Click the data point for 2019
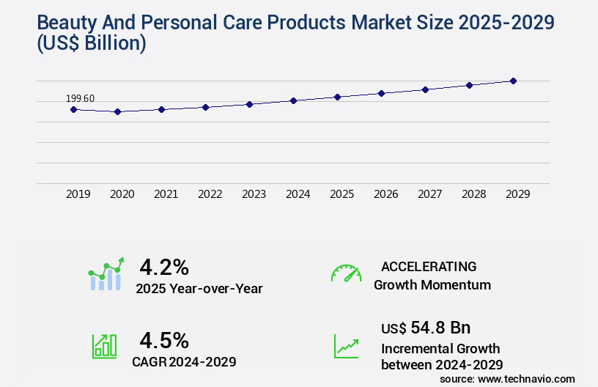(x=73, y=109)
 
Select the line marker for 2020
(x=117, y=111)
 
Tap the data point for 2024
(x=293, y=100)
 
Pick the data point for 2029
(x=513, y=81)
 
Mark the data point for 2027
(x=425, y=89)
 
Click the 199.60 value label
(x=80, y=98)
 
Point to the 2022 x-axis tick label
(x=210, y=194)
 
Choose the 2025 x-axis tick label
(x=342, y=194)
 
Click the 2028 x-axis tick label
(x=474, y=194)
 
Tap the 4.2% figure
(x=164, y=266)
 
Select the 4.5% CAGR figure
(x=164, y=340)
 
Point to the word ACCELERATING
(x=429, y=266)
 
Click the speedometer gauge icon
(x=346, y=273)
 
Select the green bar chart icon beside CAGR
(x=104, y=346)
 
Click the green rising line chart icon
(x=346, y=346)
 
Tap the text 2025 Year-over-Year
(x=199, y=289)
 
